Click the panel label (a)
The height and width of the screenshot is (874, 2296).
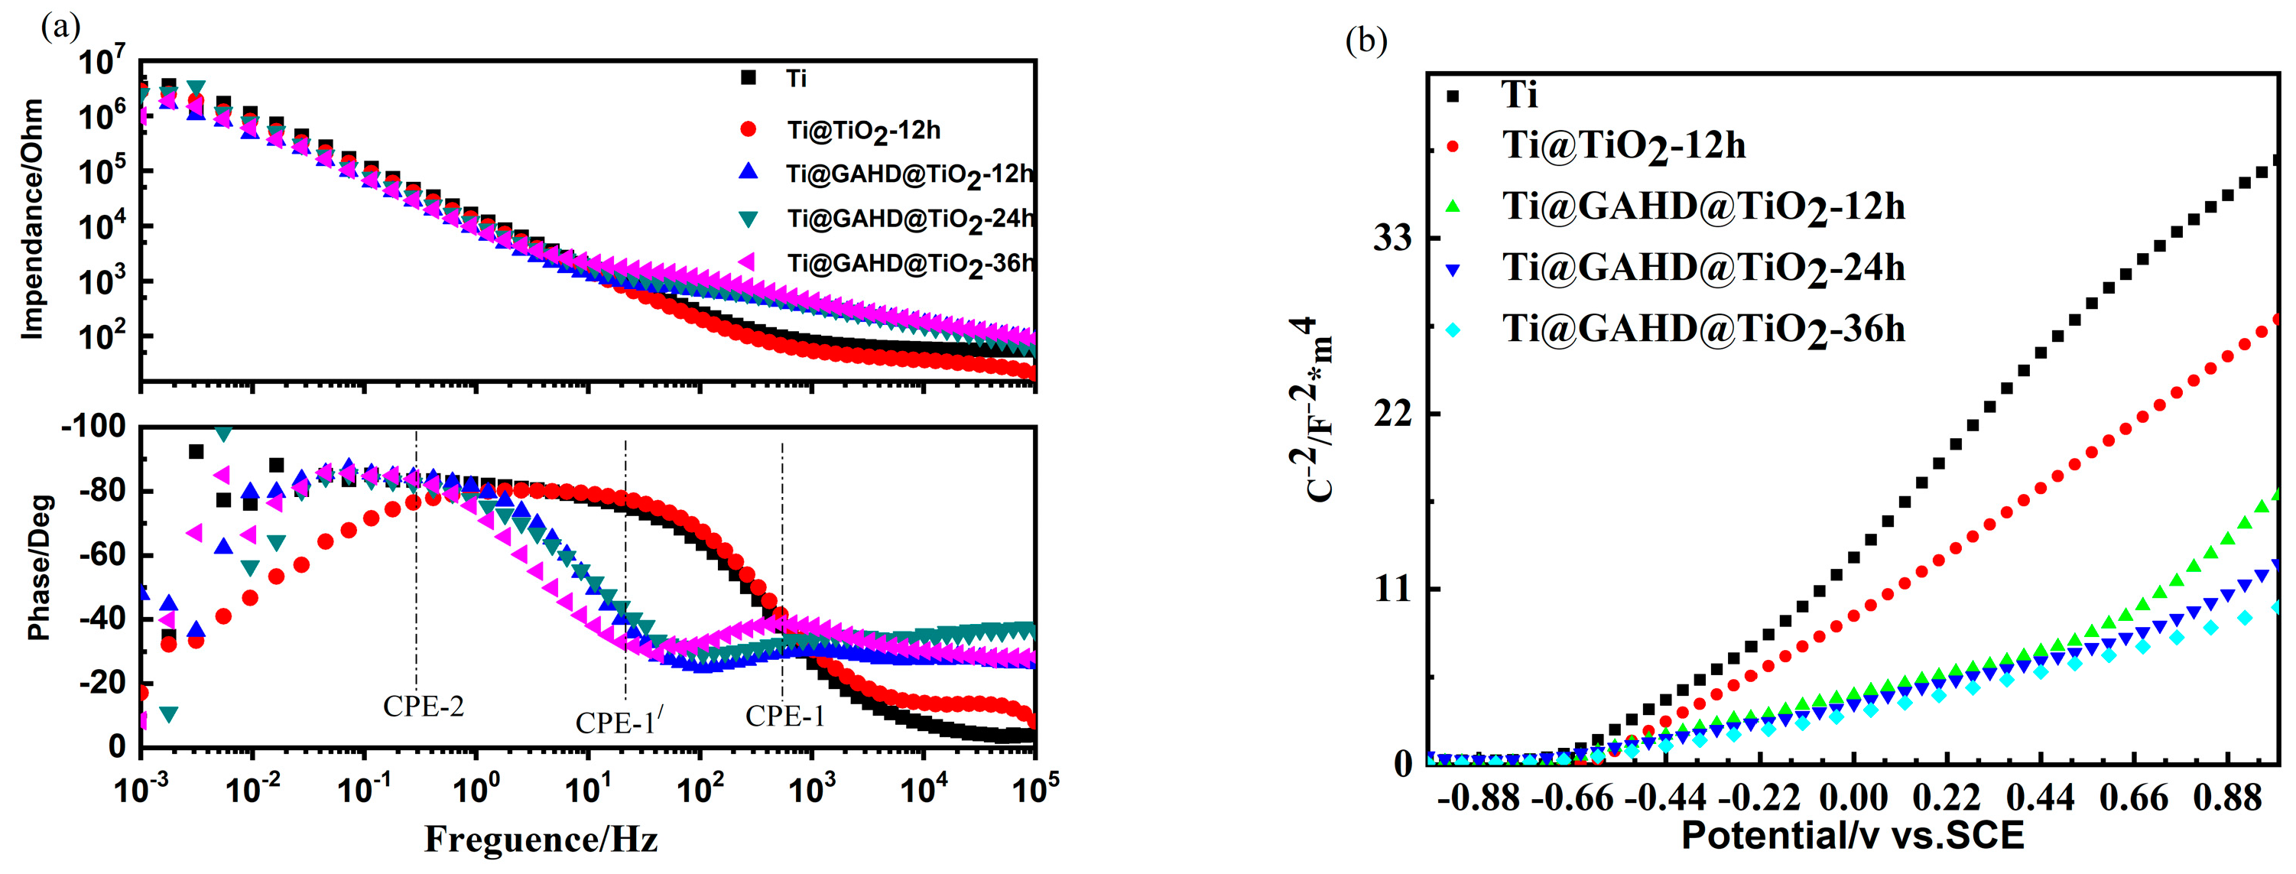60,27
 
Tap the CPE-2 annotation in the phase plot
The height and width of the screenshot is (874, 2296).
424,707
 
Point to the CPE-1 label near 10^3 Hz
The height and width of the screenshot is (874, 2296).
784,716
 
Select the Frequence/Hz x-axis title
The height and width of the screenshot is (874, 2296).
541,840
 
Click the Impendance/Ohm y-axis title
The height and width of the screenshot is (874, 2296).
32,219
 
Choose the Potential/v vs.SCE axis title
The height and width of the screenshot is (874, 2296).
1852,837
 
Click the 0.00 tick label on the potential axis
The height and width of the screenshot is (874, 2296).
1854,798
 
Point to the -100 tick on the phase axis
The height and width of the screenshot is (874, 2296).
93,427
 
